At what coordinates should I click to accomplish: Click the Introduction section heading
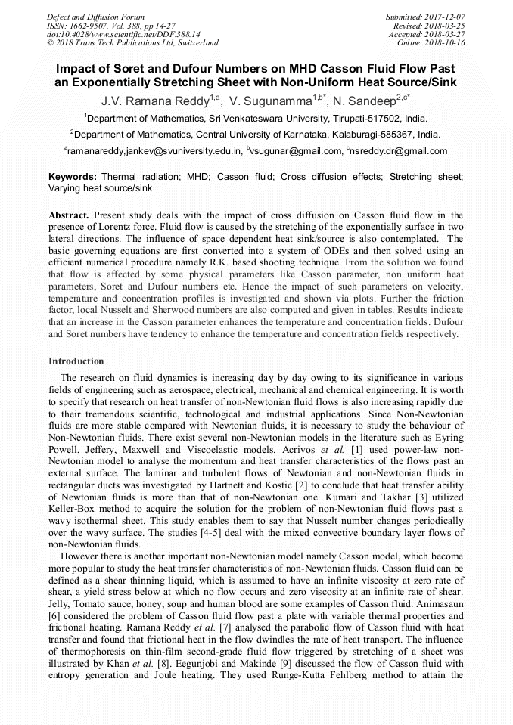tap(76, 361)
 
